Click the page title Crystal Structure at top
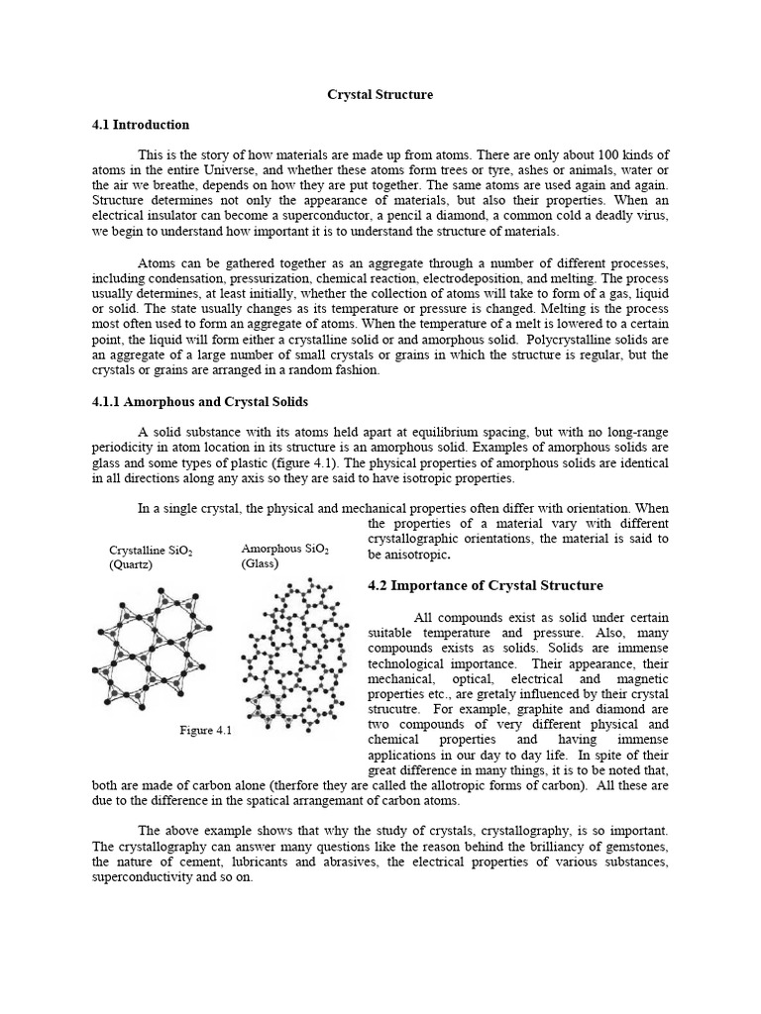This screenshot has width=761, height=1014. [380, 94]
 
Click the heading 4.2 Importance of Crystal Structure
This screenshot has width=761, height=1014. [485, 585]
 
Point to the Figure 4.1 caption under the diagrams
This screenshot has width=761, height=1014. [204, 731]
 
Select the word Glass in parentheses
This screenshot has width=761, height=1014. [260, 563]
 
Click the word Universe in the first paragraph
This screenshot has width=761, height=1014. [257, 170]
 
